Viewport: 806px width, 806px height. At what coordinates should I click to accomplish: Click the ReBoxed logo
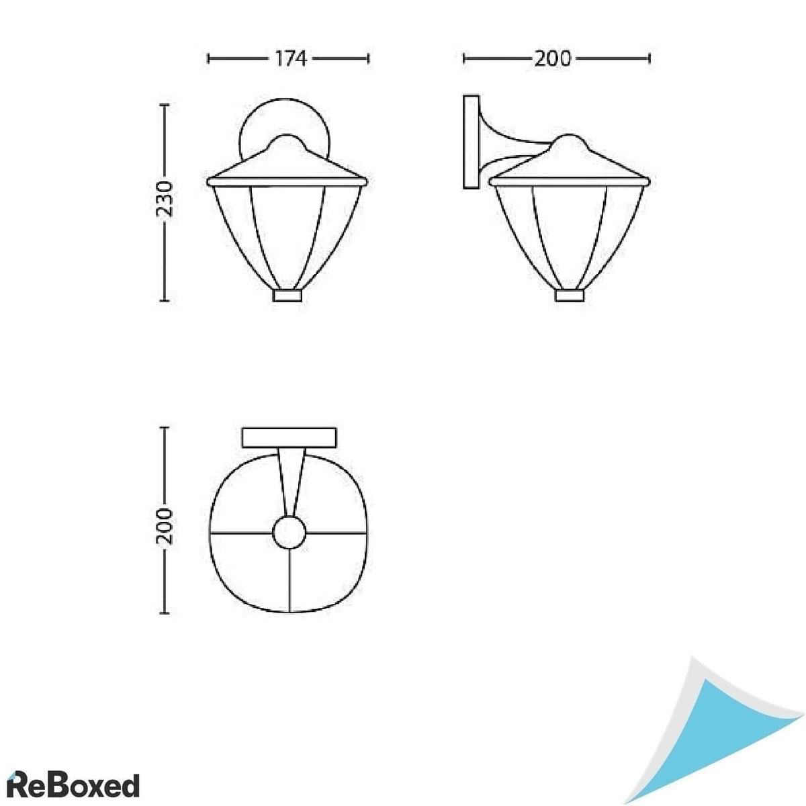click(73, 785)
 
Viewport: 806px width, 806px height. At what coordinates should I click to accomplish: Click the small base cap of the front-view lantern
click(287, 296)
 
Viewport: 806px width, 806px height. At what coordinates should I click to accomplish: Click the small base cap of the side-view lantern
click(570, 296)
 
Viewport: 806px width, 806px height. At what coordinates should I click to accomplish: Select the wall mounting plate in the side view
click(472, 142)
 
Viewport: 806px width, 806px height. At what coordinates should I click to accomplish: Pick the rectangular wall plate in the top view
click(289, 437)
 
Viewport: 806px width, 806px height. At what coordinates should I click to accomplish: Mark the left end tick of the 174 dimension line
click(209, 59)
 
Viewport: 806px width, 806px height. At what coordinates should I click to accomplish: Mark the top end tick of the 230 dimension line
click(163, 107)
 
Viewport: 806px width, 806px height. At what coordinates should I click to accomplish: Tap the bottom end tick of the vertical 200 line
click(163, 613)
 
